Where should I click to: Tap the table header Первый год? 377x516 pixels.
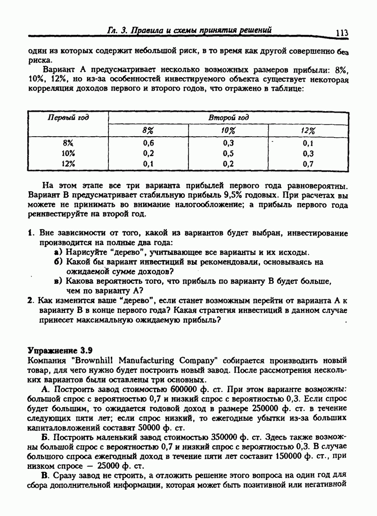pos(68,117)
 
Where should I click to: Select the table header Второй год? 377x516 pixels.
pos(229,117)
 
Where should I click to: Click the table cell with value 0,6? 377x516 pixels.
pos(148,143)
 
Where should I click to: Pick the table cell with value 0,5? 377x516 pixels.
pos(229,153)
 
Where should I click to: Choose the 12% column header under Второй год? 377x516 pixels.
pos(309,131)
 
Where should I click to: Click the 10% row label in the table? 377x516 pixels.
pos(68,153)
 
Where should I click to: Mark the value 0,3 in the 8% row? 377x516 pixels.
pos(229,143)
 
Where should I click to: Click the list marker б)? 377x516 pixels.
pos(60,262)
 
